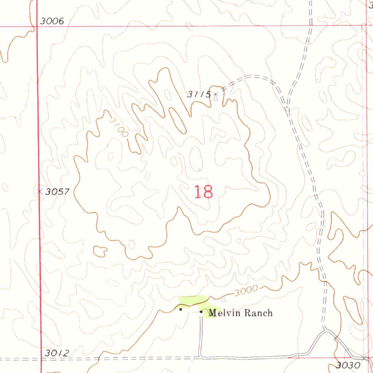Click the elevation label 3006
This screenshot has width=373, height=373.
pos(52,21)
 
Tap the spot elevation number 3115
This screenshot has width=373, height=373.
pos(199,94)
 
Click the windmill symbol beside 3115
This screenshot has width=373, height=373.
pos(216,97)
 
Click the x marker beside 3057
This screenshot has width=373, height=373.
pos(39,191)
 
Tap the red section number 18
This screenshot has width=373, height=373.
pos(203,192)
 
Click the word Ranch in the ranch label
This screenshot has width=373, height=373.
pos(258,313)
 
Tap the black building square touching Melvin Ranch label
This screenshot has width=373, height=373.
pos(201,312)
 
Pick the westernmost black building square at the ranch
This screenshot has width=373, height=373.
pos(180,310)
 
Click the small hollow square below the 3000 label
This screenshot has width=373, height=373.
pos(224,300)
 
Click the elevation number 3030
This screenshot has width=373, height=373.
pos(347,365)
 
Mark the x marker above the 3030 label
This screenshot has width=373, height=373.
pos(364,358)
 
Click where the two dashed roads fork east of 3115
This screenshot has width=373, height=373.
pos(287,107)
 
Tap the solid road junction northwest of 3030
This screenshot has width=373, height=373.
pos(325,330)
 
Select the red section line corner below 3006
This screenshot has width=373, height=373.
pos(38,27)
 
